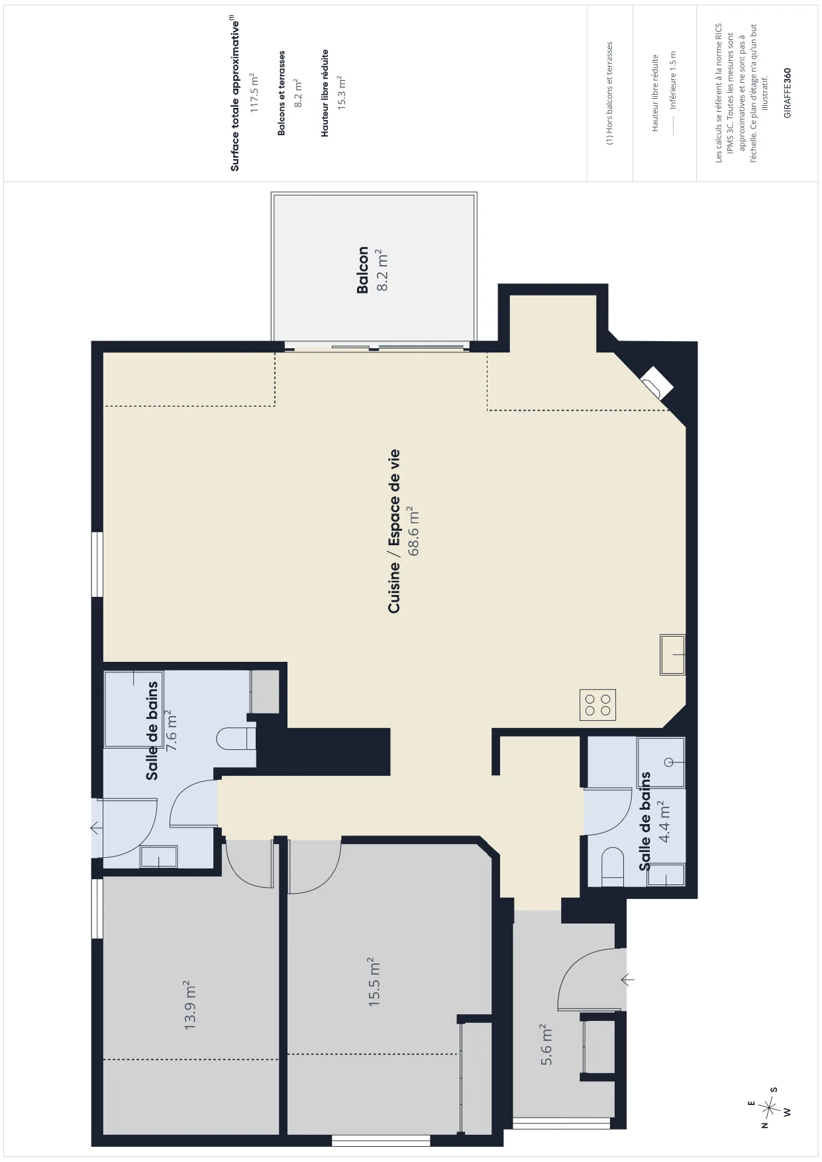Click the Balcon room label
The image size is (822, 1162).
coord(363,270)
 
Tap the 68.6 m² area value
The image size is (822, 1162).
coord(414,531)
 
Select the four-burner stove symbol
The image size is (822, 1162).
coord(597,705)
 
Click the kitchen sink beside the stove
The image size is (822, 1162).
coord(672,655)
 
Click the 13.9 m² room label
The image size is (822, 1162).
coord(191,1005)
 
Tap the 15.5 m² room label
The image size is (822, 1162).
coord(375,982)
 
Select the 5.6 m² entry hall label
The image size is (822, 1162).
coord(546,1045)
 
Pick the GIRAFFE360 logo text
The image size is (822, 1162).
coord(787,93)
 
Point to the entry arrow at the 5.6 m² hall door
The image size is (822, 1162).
coord(627,978)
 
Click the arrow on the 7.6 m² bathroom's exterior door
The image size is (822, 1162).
coord(97,827)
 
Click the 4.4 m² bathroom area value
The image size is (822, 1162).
coord(665,821)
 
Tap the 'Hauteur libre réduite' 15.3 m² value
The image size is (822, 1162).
coord(342,93)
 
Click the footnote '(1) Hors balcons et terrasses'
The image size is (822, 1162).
coord(610,93)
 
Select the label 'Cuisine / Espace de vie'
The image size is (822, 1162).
coord(394,531)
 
